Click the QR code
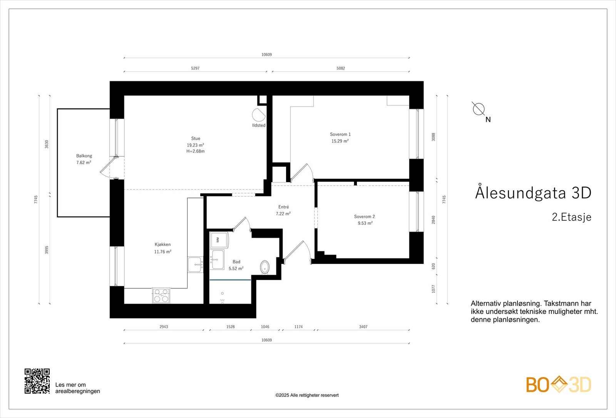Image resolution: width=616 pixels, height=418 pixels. (37, 381)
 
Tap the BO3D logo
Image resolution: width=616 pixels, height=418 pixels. (559, 384)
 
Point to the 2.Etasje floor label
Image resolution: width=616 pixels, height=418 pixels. (571, 217)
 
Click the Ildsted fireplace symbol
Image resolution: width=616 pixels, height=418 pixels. (258, 115)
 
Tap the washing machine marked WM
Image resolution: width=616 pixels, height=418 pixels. (219, 240)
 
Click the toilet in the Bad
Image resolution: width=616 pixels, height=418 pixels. (265, 267)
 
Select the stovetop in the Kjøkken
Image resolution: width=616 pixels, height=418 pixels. (161, 295)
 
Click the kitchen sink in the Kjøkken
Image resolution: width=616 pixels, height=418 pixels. (196, 264)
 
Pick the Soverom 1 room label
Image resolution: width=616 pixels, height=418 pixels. (340, 134)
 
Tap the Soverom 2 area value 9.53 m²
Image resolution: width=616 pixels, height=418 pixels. (365, 223)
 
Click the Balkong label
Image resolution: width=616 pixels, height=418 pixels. (84, 156)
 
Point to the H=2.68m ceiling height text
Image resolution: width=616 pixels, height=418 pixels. (196, 151)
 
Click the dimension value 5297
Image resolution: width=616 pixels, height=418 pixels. (195, 68)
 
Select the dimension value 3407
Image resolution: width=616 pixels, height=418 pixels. (363, 327)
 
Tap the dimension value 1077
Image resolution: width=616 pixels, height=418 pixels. (434, 289)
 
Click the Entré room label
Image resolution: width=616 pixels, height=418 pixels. (283, 207)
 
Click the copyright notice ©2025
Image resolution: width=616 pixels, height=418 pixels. (307, 395)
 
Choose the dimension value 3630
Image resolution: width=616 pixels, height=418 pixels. (47, 144)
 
